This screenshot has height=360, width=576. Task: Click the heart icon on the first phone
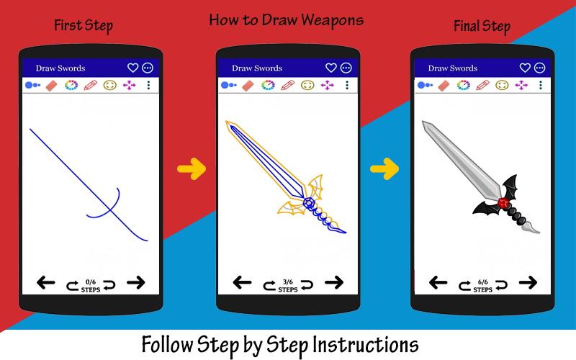pos(132,68)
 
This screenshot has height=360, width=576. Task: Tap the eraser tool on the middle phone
pos(248,86)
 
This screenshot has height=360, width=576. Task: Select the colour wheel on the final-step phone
pos(463,85)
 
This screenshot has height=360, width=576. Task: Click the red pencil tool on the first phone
pos(91,85)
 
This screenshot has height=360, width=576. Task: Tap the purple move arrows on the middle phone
pos(327,85)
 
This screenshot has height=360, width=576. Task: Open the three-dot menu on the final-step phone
pos(541,85)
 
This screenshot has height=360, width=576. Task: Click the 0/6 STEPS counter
pos(91,286)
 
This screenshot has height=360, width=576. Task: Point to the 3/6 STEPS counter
pos(287,286)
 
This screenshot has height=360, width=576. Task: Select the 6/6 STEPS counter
pos(482,286)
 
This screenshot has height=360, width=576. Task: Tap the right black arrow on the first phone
pos(136,282)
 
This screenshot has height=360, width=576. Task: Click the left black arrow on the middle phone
pos(242,282)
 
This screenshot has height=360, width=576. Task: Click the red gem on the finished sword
pos(503,202)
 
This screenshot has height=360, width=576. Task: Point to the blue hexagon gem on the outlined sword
pos(309,202)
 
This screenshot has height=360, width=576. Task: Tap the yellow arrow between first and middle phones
pos(192,168)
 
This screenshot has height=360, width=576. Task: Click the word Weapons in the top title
pos(333,21)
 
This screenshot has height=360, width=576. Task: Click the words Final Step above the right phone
pos(482,26)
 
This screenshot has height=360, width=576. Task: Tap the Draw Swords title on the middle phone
pos(257,68)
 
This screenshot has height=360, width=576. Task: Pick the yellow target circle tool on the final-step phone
pos(502,85)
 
